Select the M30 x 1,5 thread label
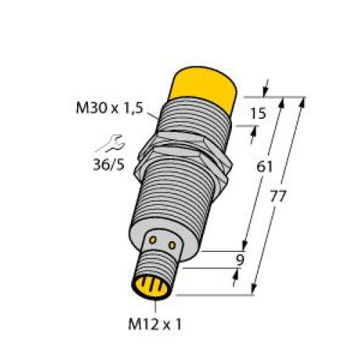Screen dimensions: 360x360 tap(109, 109)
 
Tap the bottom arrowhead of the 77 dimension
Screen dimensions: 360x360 tap(254, 290)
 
